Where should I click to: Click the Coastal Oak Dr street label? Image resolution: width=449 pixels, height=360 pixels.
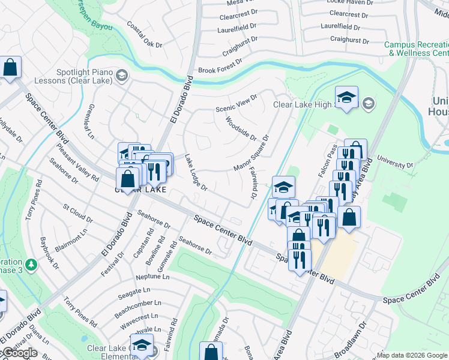145,35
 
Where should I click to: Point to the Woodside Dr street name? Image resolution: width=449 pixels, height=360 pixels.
241,128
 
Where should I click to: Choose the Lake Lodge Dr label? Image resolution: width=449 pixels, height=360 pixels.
196,173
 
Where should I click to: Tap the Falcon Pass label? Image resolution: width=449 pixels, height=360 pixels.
328,161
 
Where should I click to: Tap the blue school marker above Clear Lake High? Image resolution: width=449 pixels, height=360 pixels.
346,98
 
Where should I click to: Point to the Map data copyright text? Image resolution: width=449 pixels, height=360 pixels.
412,355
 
